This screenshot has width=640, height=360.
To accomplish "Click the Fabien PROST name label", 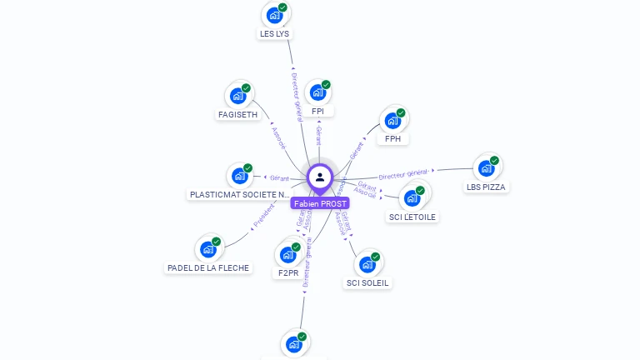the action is [321, 203].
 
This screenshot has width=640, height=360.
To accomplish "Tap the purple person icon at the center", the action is [320, 177].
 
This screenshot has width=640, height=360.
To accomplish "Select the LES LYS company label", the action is [275, 34].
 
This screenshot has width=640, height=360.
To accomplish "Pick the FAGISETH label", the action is [237, 114].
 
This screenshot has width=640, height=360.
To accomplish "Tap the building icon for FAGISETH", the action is [237, 95].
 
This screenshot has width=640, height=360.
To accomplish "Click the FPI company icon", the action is [317, 92].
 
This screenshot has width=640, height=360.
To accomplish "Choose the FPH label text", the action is [392, 139].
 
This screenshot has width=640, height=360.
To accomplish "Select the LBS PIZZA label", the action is [487, 187].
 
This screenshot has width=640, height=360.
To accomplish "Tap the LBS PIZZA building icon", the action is [486, 167].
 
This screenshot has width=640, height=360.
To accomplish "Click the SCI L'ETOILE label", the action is [412, 217].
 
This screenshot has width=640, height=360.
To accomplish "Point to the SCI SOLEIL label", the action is [367, 282].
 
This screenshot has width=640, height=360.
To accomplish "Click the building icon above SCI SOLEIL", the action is [367, 264].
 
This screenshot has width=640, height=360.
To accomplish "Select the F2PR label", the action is [287, 272].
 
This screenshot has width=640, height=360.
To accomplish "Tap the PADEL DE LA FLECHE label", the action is [207, 268].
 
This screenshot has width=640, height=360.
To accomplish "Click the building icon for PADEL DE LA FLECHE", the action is [207, 249].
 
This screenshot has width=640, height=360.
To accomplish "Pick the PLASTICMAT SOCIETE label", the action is [239, 195].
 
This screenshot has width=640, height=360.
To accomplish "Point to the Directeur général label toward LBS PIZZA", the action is [404, 174].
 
